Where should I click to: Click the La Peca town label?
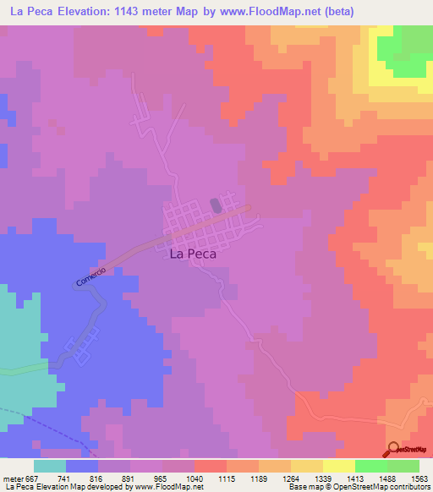pos(193,253)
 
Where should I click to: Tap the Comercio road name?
pos(90,276)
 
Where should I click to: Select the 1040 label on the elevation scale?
pos(194,478)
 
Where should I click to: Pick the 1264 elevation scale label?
pos(289,478)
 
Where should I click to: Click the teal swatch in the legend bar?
pos(50,466)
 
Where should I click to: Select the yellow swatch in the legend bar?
pos(339,466)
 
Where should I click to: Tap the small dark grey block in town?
pos(216,205)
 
